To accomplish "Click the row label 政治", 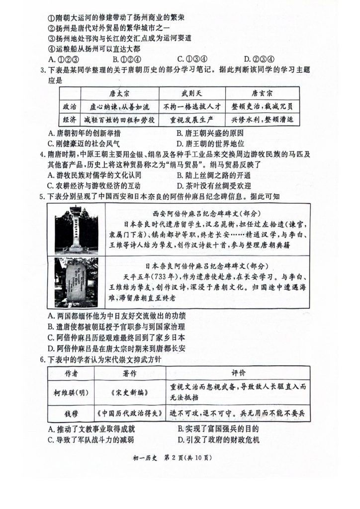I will pos(70,106).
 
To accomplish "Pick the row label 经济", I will pos(70,120).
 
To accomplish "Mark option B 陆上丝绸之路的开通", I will pos(213,175).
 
